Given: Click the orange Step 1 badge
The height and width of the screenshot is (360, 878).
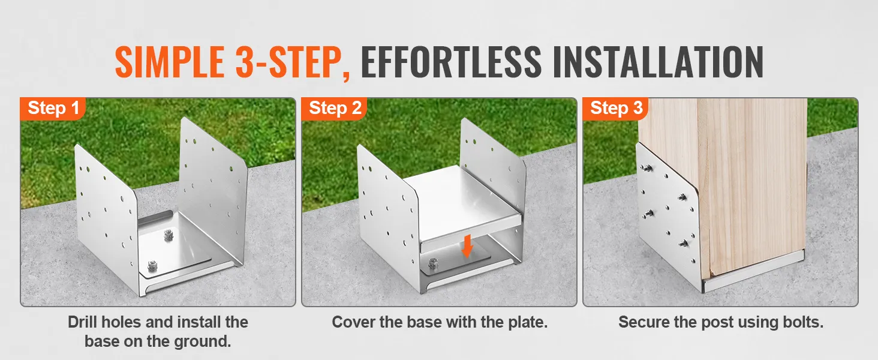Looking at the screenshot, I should (x=53, y=109).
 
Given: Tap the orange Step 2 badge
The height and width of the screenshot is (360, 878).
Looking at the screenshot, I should (x=335, y=109).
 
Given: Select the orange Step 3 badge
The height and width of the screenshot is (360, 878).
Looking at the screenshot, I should (x=616, y=109).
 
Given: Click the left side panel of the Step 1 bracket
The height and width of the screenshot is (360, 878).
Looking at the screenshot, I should (x=105, y=210).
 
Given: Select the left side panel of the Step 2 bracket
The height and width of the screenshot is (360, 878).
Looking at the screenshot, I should (x=387, y=210).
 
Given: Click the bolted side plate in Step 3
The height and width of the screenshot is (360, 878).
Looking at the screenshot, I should (x=666, y=216).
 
